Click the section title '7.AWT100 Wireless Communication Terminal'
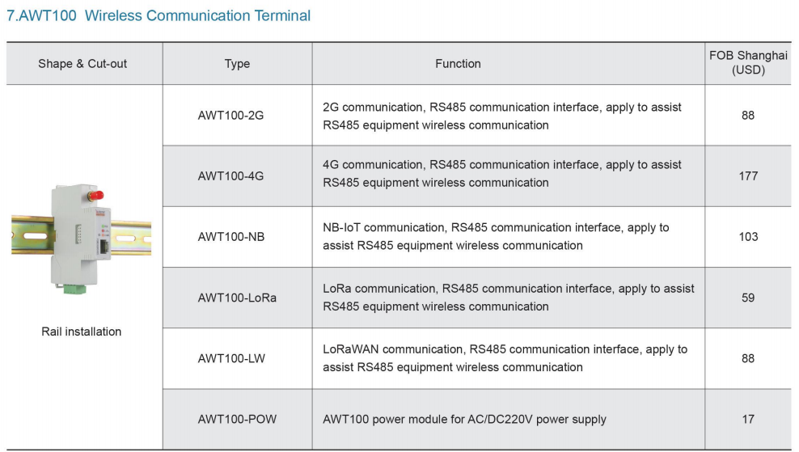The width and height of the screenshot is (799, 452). (x=159, y=16)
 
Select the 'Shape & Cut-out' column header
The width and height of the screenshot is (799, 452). (x=82, y=64)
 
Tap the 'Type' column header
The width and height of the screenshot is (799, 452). (x=238, y=64)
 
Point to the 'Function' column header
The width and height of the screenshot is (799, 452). (x=458, y=64)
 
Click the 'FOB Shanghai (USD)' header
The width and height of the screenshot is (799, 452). (x=748, y=63)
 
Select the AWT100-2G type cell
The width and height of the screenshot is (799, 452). (x=230, y=116)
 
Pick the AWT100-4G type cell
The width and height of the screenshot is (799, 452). (x=230, y=176)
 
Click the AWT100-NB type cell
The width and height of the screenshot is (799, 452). (x=231, y=237)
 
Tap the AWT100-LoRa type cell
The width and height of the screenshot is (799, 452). (x=237, y=298)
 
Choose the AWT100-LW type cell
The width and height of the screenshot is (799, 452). (x=231, y=359)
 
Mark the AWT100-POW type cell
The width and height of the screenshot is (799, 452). (x=237, y=420)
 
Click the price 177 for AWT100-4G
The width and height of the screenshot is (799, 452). (x=748, y=176)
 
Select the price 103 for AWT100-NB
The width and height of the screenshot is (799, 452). (x=748, y=237)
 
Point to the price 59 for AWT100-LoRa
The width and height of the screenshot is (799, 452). (x=748, y=298)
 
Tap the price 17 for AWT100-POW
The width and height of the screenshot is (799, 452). (x=748, y=420)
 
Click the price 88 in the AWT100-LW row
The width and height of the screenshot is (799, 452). (x=748, y=359)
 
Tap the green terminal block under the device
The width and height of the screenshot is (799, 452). (x=74, y=289)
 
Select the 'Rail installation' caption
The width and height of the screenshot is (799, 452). (x=82, y=332)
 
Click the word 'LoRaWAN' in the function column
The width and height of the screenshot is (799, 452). (x=351, y=349)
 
